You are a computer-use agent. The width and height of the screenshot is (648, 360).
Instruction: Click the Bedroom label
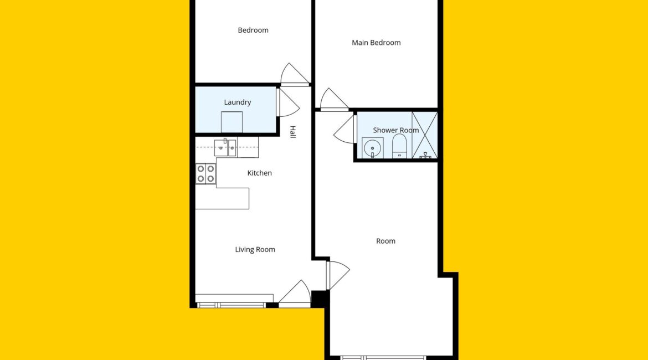(x=253, y=30)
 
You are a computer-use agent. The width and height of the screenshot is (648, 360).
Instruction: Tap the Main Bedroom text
(x=376, y=43)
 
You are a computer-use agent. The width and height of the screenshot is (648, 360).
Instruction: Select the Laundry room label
(x=238, y=102)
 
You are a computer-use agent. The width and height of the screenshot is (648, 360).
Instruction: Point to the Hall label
(x=292, y=132)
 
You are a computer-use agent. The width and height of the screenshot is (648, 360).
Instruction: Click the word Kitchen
(x=260, y=173)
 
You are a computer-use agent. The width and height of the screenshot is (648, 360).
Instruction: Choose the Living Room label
(x=255, y=250)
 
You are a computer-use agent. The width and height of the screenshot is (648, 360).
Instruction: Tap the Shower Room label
(x=396, y=130)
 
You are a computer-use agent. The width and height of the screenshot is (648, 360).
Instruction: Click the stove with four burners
(x=206, y=173)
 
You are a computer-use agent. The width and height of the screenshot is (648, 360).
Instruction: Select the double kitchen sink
(x=225, y=147)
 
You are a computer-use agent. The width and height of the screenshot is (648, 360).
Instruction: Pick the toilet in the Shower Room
(x=399, y=146)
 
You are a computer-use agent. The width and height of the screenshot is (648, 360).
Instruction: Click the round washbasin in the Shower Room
(x=373, y=148)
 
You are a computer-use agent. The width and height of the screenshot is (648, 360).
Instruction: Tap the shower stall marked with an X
(x=424, y=135)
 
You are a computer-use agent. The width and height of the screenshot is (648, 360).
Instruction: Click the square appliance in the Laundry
(x=232, y=122)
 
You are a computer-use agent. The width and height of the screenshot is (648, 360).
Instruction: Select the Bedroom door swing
(x=295, y=74)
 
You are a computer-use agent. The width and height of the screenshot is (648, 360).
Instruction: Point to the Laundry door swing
(x=287, y=102)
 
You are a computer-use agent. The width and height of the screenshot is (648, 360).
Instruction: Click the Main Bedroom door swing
(x=334, y=99)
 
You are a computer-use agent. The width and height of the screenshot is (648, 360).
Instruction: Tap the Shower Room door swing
(x=344, y=130)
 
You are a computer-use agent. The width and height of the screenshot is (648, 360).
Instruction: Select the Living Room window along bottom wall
(x=232, y=305)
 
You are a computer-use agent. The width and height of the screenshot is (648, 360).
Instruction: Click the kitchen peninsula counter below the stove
(x=222, y=198)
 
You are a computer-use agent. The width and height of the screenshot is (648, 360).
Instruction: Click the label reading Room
(x=385, y=241)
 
